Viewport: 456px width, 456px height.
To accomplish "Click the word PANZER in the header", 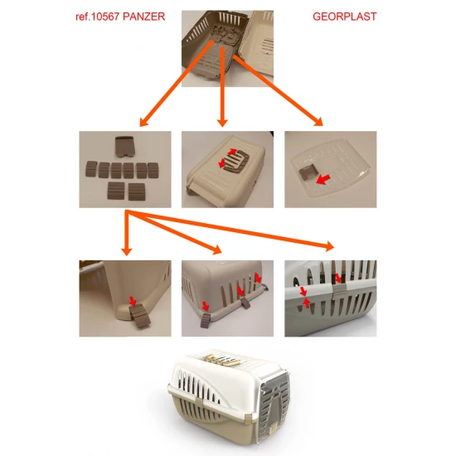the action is click(144, 17).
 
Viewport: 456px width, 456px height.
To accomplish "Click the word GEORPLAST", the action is click(345, 17).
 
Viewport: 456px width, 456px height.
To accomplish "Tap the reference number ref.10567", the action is click(98, 17).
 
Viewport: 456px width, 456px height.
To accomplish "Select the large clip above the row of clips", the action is click(124, 147).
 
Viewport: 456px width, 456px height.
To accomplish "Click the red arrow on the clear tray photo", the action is click(323, 179).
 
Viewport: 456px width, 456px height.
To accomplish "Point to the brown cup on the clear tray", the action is click(307, 173).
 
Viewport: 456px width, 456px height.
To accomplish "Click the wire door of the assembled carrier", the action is click(274, 405).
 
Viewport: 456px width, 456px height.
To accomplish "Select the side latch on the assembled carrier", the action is click(199, 404).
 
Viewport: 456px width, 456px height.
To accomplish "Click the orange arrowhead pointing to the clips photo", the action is click(144, 122).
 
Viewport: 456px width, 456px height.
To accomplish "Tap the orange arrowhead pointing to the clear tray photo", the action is click(318, 122).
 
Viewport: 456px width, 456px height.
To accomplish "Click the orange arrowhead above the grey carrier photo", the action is click(329, 246).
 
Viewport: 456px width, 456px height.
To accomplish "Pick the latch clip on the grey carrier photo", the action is click(339, 291).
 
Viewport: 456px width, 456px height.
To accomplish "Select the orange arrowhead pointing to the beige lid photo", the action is click(222, 123).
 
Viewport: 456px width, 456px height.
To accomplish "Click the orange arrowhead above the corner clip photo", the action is click(127, 252).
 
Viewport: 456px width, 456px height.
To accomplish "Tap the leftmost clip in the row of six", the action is click(91, 169).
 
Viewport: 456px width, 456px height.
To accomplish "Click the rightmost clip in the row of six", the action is click(153, 171).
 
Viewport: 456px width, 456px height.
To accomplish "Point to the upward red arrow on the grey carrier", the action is click(306, 303).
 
